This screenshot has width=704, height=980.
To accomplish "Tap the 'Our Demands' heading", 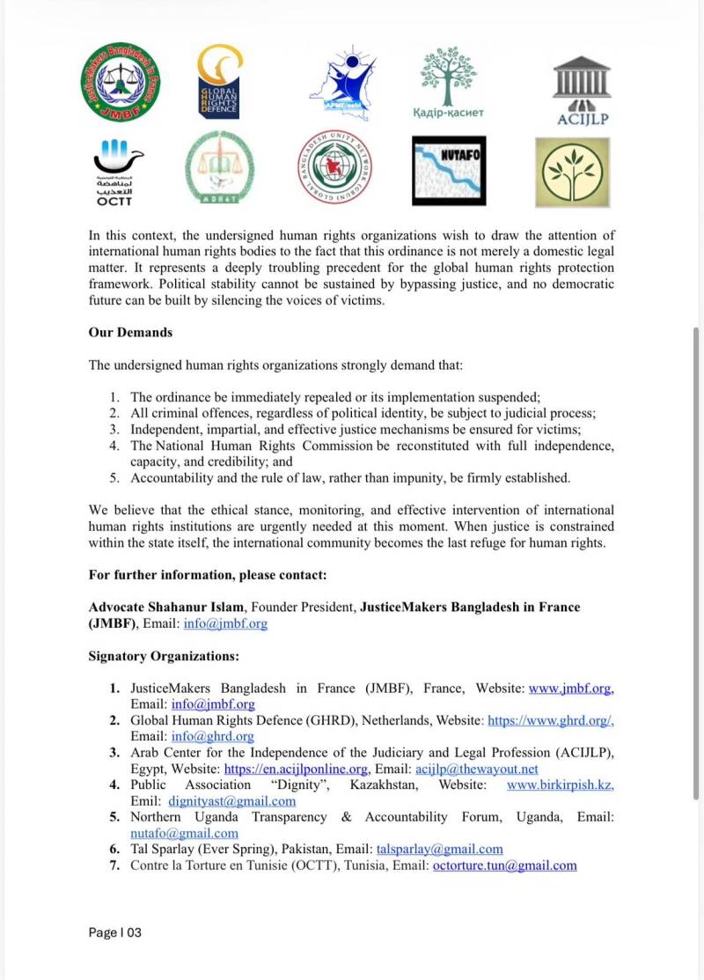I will coord(130,333).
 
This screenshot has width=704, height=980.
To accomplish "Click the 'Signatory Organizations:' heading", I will coord(164,656).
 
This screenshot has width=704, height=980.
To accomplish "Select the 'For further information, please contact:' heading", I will coord(208,575).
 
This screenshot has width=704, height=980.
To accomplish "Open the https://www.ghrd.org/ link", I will coord(550,720).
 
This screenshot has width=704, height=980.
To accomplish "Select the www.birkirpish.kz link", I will coord(560,785).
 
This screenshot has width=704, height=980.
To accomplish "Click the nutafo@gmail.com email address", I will coord(184,833).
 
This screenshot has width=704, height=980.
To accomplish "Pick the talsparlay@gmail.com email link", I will coord(439,850).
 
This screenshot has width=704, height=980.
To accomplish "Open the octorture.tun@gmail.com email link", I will coord(504,866).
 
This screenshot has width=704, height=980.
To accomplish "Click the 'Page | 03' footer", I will coord(115,932).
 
